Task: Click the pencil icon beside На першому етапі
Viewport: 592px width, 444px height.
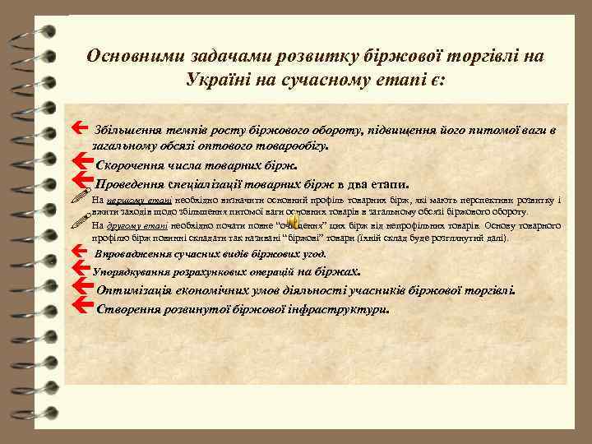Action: click(80, 199)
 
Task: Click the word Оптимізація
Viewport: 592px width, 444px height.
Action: click(140, 289)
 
